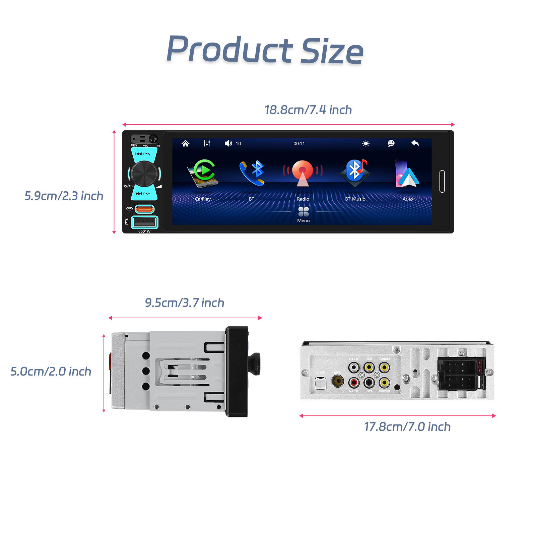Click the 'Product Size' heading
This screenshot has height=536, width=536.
pyautogui.click(x=265, y=50)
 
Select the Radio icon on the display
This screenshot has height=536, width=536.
pyautogui.click(x=303, y=173)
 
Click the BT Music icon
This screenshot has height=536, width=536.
pyautogui.click(x=355, y=172)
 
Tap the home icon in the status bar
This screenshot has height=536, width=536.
pyautogui.click(x=185, y=143)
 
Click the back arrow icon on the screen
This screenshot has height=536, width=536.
pyautogui.click(x=415, y=143)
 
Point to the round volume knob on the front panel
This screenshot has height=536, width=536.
pyautogui.click(x=144, y=174)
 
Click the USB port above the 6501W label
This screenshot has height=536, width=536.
pyautogui.click(x=144, y=222)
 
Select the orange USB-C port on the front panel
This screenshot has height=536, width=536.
pyautogui.click(x=144, y=209)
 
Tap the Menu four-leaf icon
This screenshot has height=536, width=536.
pyautogui.click(x=304, y=212)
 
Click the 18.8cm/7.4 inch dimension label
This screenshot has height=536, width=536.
pyautogui.click(x=308, y=110)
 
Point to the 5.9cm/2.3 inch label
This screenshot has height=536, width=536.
pyautogui.click(x=64, y=196)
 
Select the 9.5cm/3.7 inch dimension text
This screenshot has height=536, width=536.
pyautogui.click(x=184, y=303)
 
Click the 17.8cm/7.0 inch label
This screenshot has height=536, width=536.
pyautogui.click(x=407, y=427)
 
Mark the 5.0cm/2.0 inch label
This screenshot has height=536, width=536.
pyautogui.click(x=51, y=372)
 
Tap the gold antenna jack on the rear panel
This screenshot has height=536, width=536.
pyautogui.click(x=337, y=381)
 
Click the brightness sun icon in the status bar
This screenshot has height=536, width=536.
pyautogui.click(x=366, y=143)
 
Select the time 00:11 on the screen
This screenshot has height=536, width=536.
pyautogui.click(x=299, y=144)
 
